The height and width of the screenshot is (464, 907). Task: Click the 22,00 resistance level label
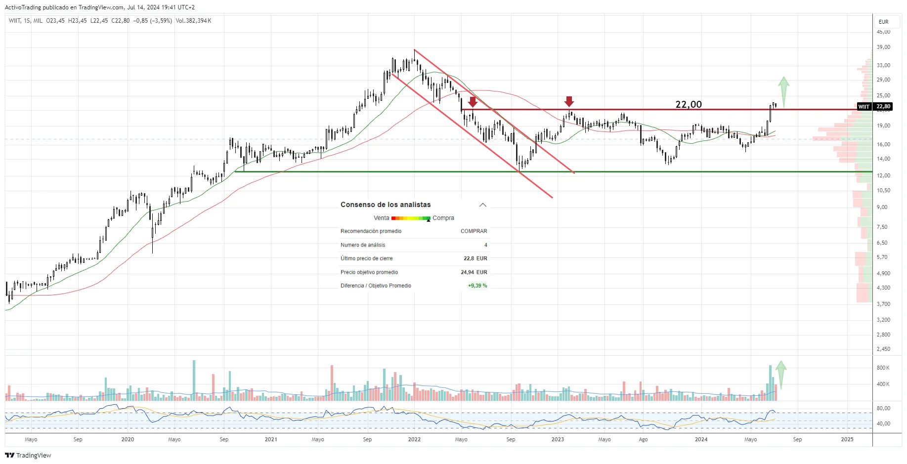[x=689, y=104]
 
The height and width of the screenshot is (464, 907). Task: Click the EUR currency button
[x=883, y=22]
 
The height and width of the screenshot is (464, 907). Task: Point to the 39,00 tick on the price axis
[x=883, y=47]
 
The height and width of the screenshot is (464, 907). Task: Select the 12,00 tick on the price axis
[x=883, y=176]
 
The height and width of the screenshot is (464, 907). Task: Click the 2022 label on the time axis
[x=414, y=439]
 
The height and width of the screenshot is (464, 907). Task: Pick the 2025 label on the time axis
[x=847, y=439]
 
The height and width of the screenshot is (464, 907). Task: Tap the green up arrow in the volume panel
[x=781, y=374]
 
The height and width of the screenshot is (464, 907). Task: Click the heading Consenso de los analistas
[x=386, y=205]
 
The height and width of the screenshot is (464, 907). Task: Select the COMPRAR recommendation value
[x=474, y=231]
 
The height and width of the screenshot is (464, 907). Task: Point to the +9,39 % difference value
[x=477, y=286]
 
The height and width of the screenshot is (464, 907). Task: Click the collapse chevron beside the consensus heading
[x=483, y=205]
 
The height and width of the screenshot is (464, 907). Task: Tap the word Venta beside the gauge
[x=381, y=218]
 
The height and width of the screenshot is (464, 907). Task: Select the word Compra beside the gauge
[x=443, y=218]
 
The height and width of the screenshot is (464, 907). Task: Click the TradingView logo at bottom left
[x=28, y=455]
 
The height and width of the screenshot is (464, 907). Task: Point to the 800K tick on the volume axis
[x=883, y=368]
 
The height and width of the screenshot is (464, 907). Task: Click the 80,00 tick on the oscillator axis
[x=883, y=408]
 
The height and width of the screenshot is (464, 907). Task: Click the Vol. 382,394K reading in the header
[x=193, y=21]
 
